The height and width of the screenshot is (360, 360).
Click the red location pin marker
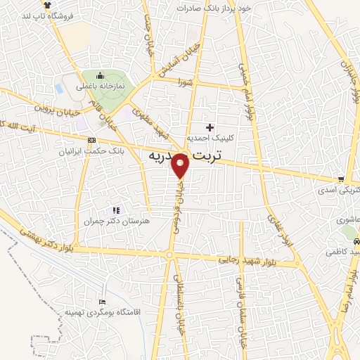(x=181, y=166)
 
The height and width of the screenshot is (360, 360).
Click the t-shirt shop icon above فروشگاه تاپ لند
(x=47, y=4)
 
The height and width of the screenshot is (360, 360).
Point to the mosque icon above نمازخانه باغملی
(x=100, y=76)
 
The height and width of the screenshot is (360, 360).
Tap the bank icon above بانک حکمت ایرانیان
(x=92, y=141)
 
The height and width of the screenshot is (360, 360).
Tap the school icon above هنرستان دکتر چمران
(x=116, y=210)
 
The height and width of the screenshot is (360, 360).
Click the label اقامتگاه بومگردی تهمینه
(x=102, y=310)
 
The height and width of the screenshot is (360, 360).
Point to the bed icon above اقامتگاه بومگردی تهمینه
(x=103, y=300)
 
